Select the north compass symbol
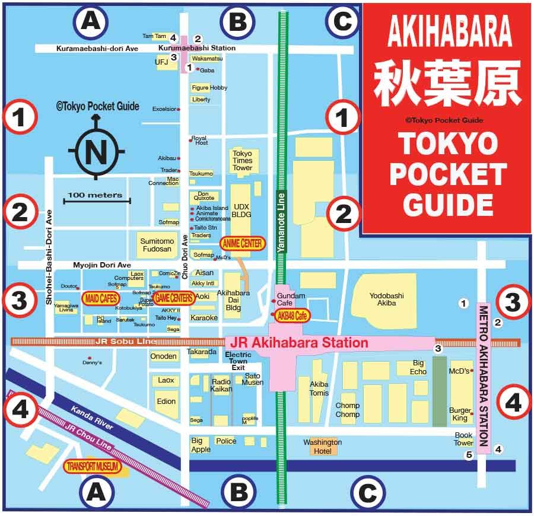click(x=96, y=151)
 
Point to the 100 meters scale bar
click(x=95, y=199)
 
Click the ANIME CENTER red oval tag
click(x=242, y=243)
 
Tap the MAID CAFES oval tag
click(x=100, y=298)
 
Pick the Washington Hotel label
click(x=323, y=446)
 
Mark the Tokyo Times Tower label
click(x=242, y=160)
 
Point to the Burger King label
click(x=459, y=414)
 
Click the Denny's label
click(x=92, y=362)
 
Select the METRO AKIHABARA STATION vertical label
click(x=483, y=377)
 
